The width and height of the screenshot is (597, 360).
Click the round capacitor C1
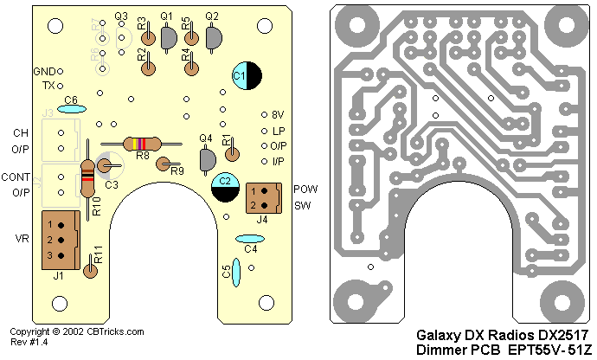tap(244, 76)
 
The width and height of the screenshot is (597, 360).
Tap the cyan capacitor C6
tap(70, 109)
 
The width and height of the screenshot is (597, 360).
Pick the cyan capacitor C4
tap(250, 239)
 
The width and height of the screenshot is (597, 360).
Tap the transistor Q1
tap(167, 35)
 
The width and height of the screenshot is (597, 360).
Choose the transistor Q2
tap(213, 36)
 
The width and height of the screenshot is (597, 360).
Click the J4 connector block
tap(264, 197)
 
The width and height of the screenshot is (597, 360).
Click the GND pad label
tap(43, 71)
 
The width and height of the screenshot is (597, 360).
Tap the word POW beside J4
tap(303, 189)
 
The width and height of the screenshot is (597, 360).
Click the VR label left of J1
tap(22, 239)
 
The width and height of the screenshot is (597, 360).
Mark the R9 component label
tap(177, 171)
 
